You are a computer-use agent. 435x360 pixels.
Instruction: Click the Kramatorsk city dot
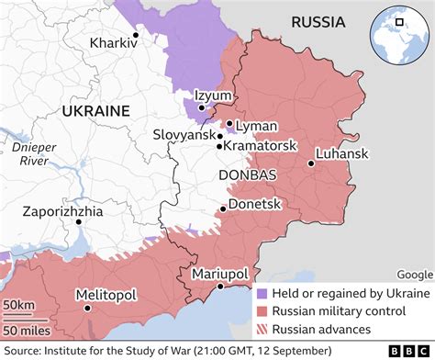point(218,146)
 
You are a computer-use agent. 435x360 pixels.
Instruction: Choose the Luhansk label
point(342,153)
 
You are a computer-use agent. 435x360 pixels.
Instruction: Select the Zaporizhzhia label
point(63,210)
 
